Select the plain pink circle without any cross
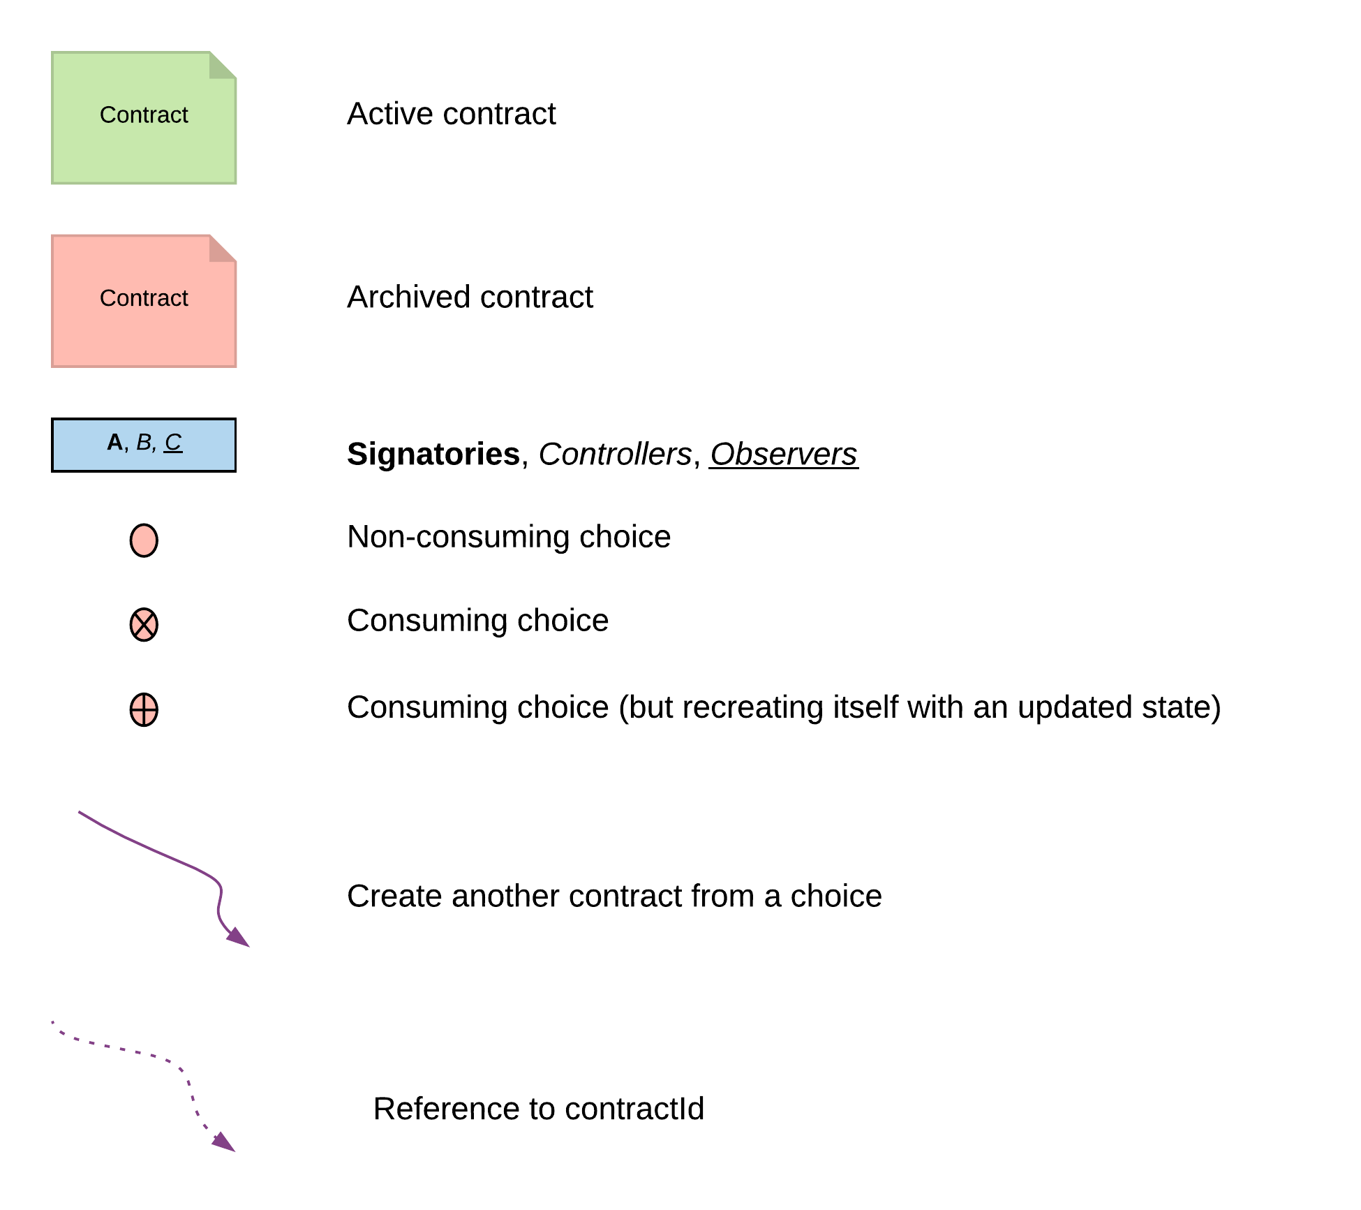144,540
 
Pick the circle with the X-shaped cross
144,624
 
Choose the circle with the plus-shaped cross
144,710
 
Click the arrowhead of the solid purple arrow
239,938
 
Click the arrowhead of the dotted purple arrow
225,1143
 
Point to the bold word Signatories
433,455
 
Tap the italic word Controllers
614,455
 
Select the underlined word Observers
783,455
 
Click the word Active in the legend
387,114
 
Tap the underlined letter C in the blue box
173,442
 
